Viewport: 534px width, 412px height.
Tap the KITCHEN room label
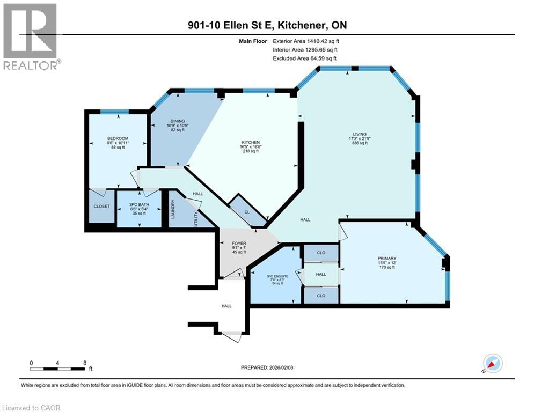coord(250,143)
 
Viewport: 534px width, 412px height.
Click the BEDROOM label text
coord(118,138)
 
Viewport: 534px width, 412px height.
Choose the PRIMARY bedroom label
coord(386,259)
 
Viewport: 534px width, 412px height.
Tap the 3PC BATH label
coord(139,205)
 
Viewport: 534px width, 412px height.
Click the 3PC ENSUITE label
coord(277,277)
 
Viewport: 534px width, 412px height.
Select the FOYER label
coord(239,243)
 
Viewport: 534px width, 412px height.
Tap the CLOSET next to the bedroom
coord(101,206)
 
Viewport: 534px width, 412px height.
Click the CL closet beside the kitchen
coord(247,212)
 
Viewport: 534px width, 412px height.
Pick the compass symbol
coord(492,364)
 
